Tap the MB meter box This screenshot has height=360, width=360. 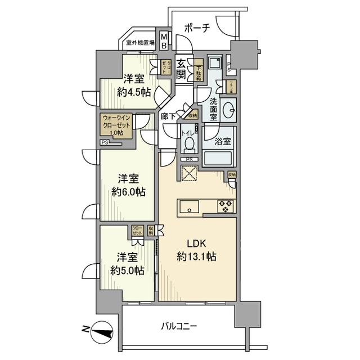coord(164,40)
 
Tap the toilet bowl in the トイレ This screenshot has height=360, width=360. coord(189,145)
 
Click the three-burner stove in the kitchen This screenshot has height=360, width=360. coord(227,206)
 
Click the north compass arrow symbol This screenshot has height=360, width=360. coord(100,331)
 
